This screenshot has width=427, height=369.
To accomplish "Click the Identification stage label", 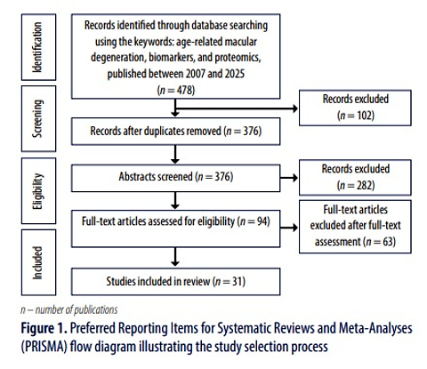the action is pyautogui.click(x=37, y=47).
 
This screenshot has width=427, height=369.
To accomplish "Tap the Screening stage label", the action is pyautogui.click(x=37, y=118).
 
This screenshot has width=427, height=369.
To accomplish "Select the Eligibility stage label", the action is pyautogui.click(x=37, y=191).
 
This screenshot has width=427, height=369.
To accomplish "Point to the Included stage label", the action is pyautogui.click(x=37, y=263).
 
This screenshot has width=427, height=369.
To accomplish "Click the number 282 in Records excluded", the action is pyautogui.click(x=364, y=185).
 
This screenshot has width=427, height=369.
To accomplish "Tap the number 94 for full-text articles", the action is pyautogui.click(x=262, y=221).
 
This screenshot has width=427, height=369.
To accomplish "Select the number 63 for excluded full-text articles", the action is pyautogui.click(x=388, y=242).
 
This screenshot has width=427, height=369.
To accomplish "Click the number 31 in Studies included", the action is pyautogui.click(x=238, y=281).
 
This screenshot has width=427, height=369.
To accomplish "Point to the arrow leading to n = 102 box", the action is pyautogui.click(x=237, y=108).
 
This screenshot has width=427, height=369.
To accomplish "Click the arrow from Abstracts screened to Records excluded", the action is pyautogui.click(x=289, y=178).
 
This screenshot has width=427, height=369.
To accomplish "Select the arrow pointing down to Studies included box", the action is pyautogui.click(x=175, y=257).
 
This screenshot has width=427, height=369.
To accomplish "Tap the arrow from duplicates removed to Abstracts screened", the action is pyautogui.click(x=175, y=155).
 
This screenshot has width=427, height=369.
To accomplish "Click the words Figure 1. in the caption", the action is pyautogui.click(x=44, y=328).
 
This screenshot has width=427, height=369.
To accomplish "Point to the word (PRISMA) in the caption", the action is pyautogui.click(x=44, y=347).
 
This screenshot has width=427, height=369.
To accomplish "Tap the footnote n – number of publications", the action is pyautogui.click(x=69, y=309).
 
